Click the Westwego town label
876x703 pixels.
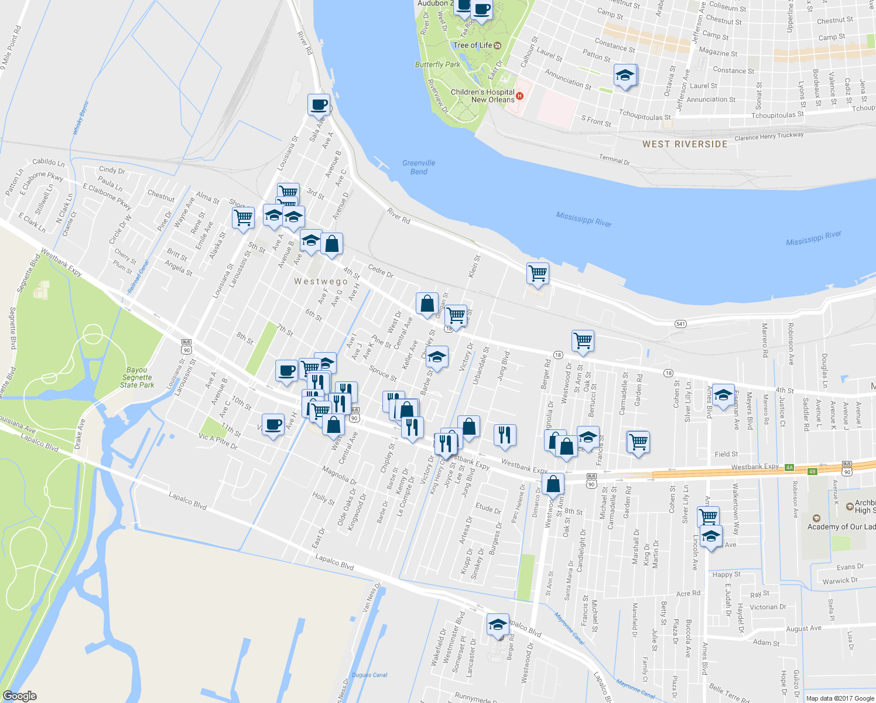point(321,281)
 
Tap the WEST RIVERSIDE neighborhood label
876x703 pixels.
point(685,144)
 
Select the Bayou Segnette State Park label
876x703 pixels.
point(137,378)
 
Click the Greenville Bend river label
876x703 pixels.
point(419,167)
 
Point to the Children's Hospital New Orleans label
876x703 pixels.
point(483,95)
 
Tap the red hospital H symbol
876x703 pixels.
point(519,95)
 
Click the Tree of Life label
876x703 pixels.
point(473,45)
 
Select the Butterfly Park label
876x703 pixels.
point(437,64)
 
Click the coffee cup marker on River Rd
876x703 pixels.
point(319,105)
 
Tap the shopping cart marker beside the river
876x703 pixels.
point(538,273)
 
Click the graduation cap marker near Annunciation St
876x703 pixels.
point(625,76)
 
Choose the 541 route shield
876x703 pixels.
point(680,324)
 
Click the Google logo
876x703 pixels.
point(20,696)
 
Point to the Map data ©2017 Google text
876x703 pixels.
point(840,698)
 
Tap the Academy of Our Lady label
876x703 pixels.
point(840,527)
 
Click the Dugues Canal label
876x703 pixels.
point(369,675)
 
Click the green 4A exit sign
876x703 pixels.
point(789,467)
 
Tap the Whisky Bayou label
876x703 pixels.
point(80,118)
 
